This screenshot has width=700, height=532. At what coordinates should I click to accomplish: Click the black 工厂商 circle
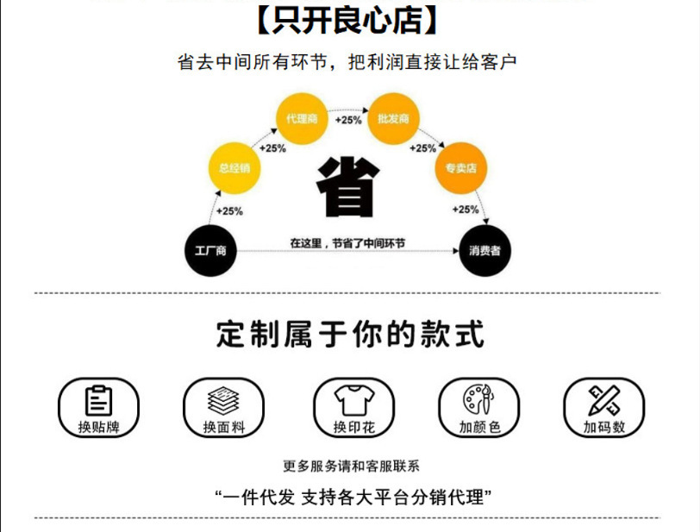(x=210, y=251)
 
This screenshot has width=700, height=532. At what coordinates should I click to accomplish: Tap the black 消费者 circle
(x=484, y=251)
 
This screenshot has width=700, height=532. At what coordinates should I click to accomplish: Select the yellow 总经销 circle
(x=234, y=168)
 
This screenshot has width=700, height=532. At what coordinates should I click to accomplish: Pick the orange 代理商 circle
(x=301, y=119)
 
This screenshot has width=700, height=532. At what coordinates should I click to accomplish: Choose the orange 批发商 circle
(x=393, y=119)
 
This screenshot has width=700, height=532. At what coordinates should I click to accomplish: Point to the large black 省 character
(x=348, y=187)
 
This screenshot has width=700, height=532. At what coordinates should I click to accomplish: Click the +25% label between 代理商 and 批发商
(x=348, y=120)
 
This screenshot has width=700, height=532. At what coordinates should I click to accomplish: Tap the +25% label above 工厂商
(x=229, y=210)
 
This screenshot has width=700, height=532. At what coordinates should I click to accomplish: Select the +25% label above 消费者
(x=466, y=210)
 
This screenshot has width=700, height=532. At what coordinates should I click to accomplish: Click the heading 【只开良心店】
(x=349, y=21)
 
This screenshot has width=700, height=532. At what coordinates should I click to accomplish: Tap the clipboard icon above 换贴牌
(x=98, y=400)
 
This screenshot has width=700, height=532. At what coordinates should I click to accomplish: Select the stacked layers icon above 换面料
(x=223, y=400)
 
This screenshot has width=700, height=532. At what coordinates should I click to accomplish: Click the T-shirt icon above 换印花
(x=350, y=400)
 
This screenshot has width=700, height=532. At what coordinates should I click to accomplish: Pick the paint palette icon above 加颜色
(x=477, y=400)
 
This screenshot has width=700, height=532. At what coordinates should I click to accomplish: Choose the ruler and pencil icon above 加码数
(x=603, y=400)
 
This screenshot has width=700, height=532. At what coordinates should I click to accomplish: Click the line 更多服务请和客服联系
(x=350, y=466)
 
